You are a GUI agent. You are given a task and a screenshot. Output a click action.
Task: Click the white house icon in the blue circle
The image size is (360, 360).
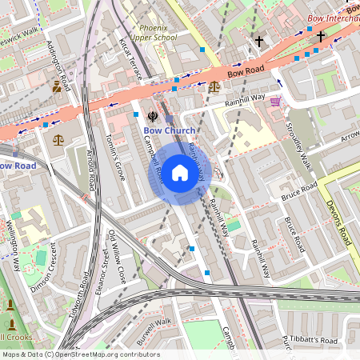[180, 172]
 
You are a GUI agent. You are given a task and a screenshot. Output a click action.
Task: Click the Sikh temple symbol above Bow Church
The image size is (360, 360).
[152, 114]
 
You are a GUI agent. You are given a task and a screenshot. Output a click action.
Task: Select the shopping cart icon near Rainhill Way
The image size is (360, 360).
[275, 102]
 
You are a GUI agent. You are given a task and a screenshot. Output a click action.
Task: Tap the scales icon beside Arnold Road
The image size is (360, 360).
[58, 139]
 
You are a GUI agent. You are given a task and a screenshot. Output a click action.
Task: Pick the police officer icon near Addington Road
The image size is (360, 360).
[56, 86]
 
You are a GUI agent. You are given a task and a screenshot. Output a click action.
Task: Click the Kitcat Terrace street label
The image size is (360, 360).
[130, 57]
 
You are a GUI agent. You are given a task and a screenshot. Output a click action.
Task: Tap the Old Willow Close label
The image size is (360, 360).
[117, 258]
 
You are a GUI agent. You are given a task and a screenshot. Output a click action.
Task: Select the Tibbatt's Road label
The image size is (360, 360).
[314, 340]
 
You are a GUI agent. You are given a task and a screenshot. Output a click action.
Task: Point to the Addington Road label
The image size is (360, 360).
[62, 65]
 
